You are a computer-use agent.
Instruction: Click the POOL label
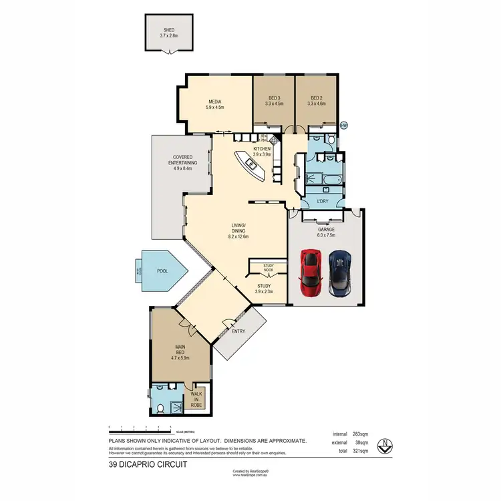(x=162, y=271)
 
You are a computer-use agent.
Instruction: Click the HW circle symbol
(x=344, y=125)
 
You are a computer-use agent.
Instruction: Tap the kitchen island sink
(x=253, y=164)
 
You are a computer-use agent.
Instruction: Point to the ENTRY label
(x=238, y=331)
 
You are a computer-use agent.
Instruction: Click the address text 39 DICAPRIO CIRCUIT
(x=148, y=464)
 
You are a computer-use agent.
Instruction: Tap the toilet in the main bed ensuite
(x=160, y=408)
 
